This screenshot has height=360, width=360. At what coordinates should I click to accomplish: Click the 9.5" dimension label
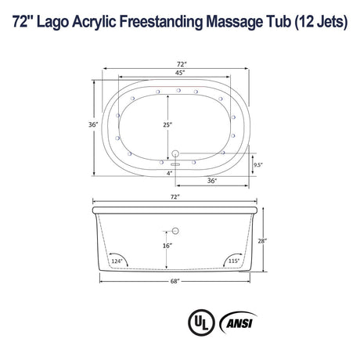click(x=257, y=164)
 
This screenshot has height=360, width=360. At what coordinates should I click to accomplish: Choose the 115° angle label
click(x=233, y=260)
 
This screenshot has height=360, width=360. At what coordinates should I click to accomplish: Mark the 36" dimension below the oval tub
click(x=211, y=180)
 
